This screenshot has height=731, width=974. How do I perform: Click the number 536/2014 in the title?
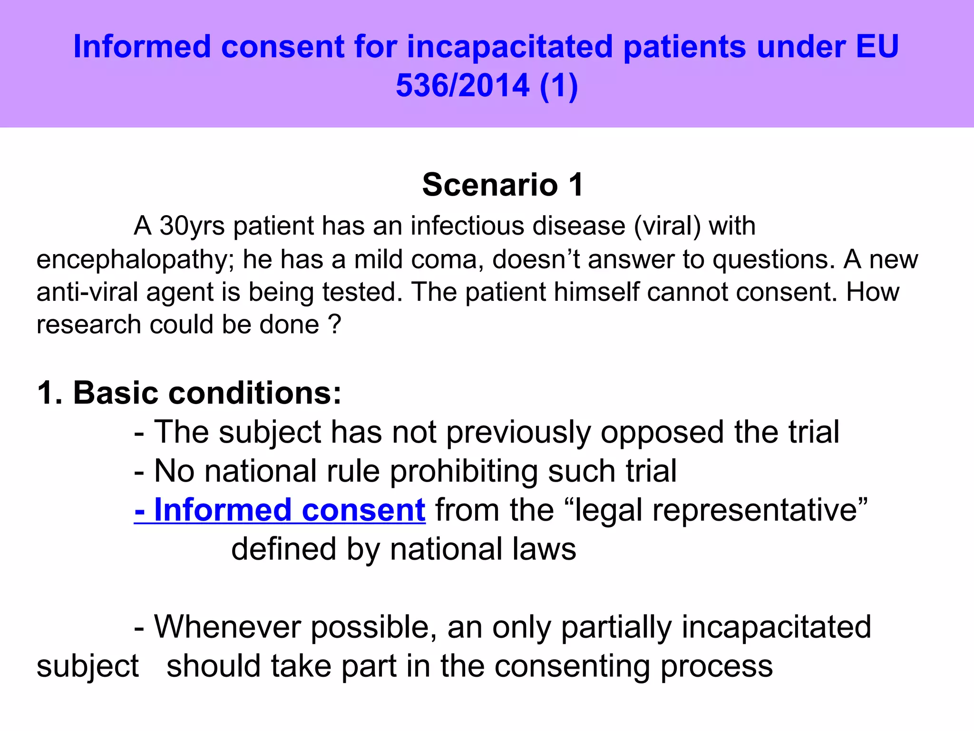point(462,86)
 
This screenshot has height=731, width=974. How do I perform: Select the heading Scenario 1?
point(503,185)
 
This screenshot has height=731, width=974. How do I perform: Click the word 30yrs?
point(192,226)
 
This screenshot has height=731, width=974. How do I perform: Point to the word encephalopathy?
point(135,260)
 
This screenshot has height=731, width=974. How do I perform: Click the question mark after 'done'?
point(334,325)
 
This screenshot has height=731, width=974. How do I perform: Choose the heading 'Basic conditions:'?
point(207,393)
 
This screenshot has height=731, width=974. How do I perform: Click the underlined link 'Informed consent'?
point(280,510)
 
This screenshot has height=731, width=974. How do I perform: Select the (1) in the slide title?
point(559,86)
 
